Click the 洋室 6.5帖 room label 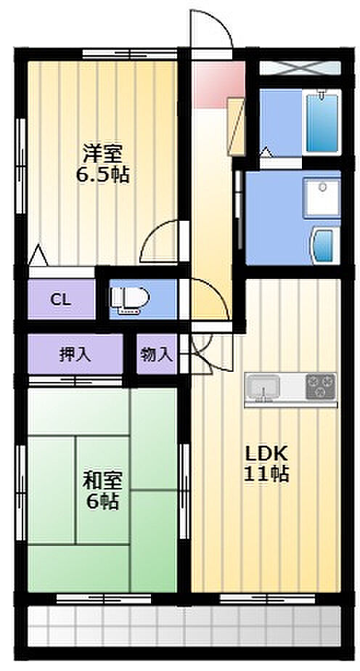(x=102, y=163)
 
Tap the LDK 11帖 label (x=266, y=463)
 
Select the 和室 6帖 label (x=102, y=490)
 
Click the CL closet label (x=61, y=299)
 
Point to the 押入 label (x=75, y=355)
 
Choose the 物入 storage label (x=157, y=355)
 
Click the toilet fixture (x=128, y=298)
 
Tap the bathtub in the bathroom (x=322, y=121)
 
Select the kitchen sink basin (x=263, y=387)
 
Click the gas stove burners (x=321, y=386)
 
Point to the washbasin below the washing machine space (x=324, y=245)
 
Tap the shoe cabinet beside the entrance (x=237, y=126)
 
